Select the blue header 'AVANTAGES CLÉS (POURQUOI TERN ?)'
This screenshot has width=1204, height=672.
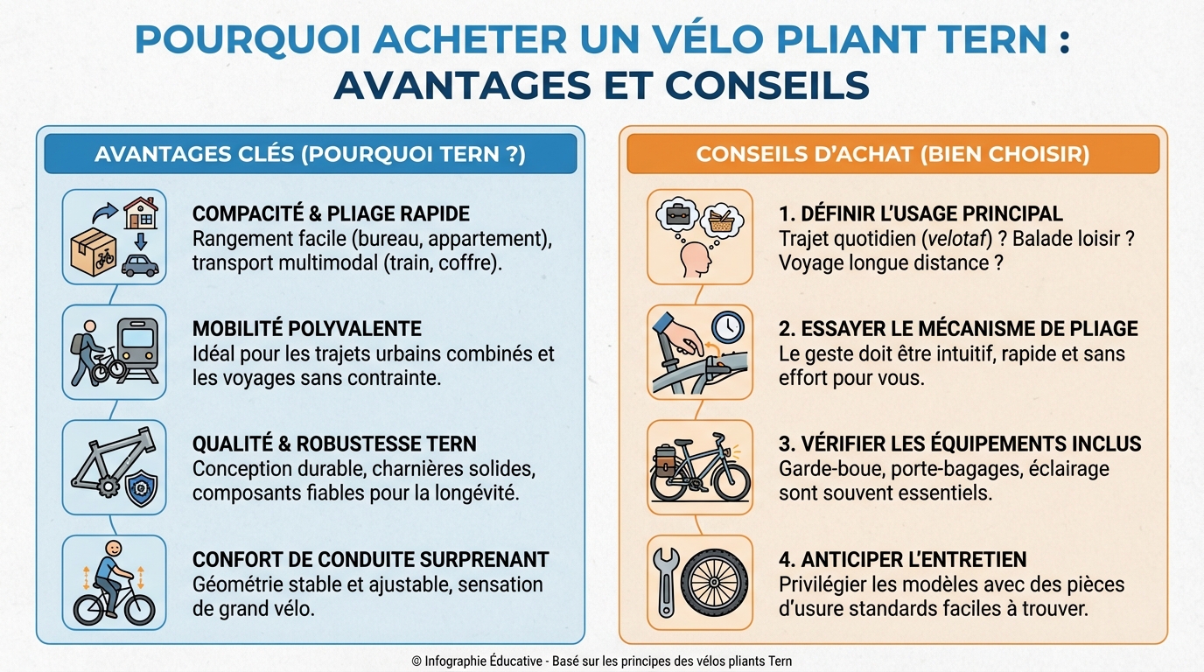(x=310, y=154)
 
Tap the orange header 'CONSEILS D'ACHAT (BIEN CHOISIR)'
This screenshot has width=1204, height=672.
(x=892, y=154)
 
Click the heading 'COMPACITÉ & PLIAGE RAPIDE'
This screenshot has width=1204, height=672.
(x=331, y=213)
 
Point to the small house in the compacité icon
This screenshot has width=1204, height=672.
(x=140, y=212)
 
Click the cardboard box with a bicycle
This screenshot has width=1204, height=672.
(x=93, y=252)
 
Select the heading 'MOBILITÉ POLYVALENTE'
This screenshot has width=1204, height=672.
(x=306, y=329)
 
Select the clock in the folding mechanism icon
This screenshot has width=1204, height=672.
(x=727, y=327)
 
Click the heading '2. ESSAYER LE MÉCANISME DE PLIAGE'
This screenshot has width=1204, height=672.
(x=958, y=329)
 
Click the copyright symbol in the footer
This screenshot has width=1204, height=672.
(x=416, y=661)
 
